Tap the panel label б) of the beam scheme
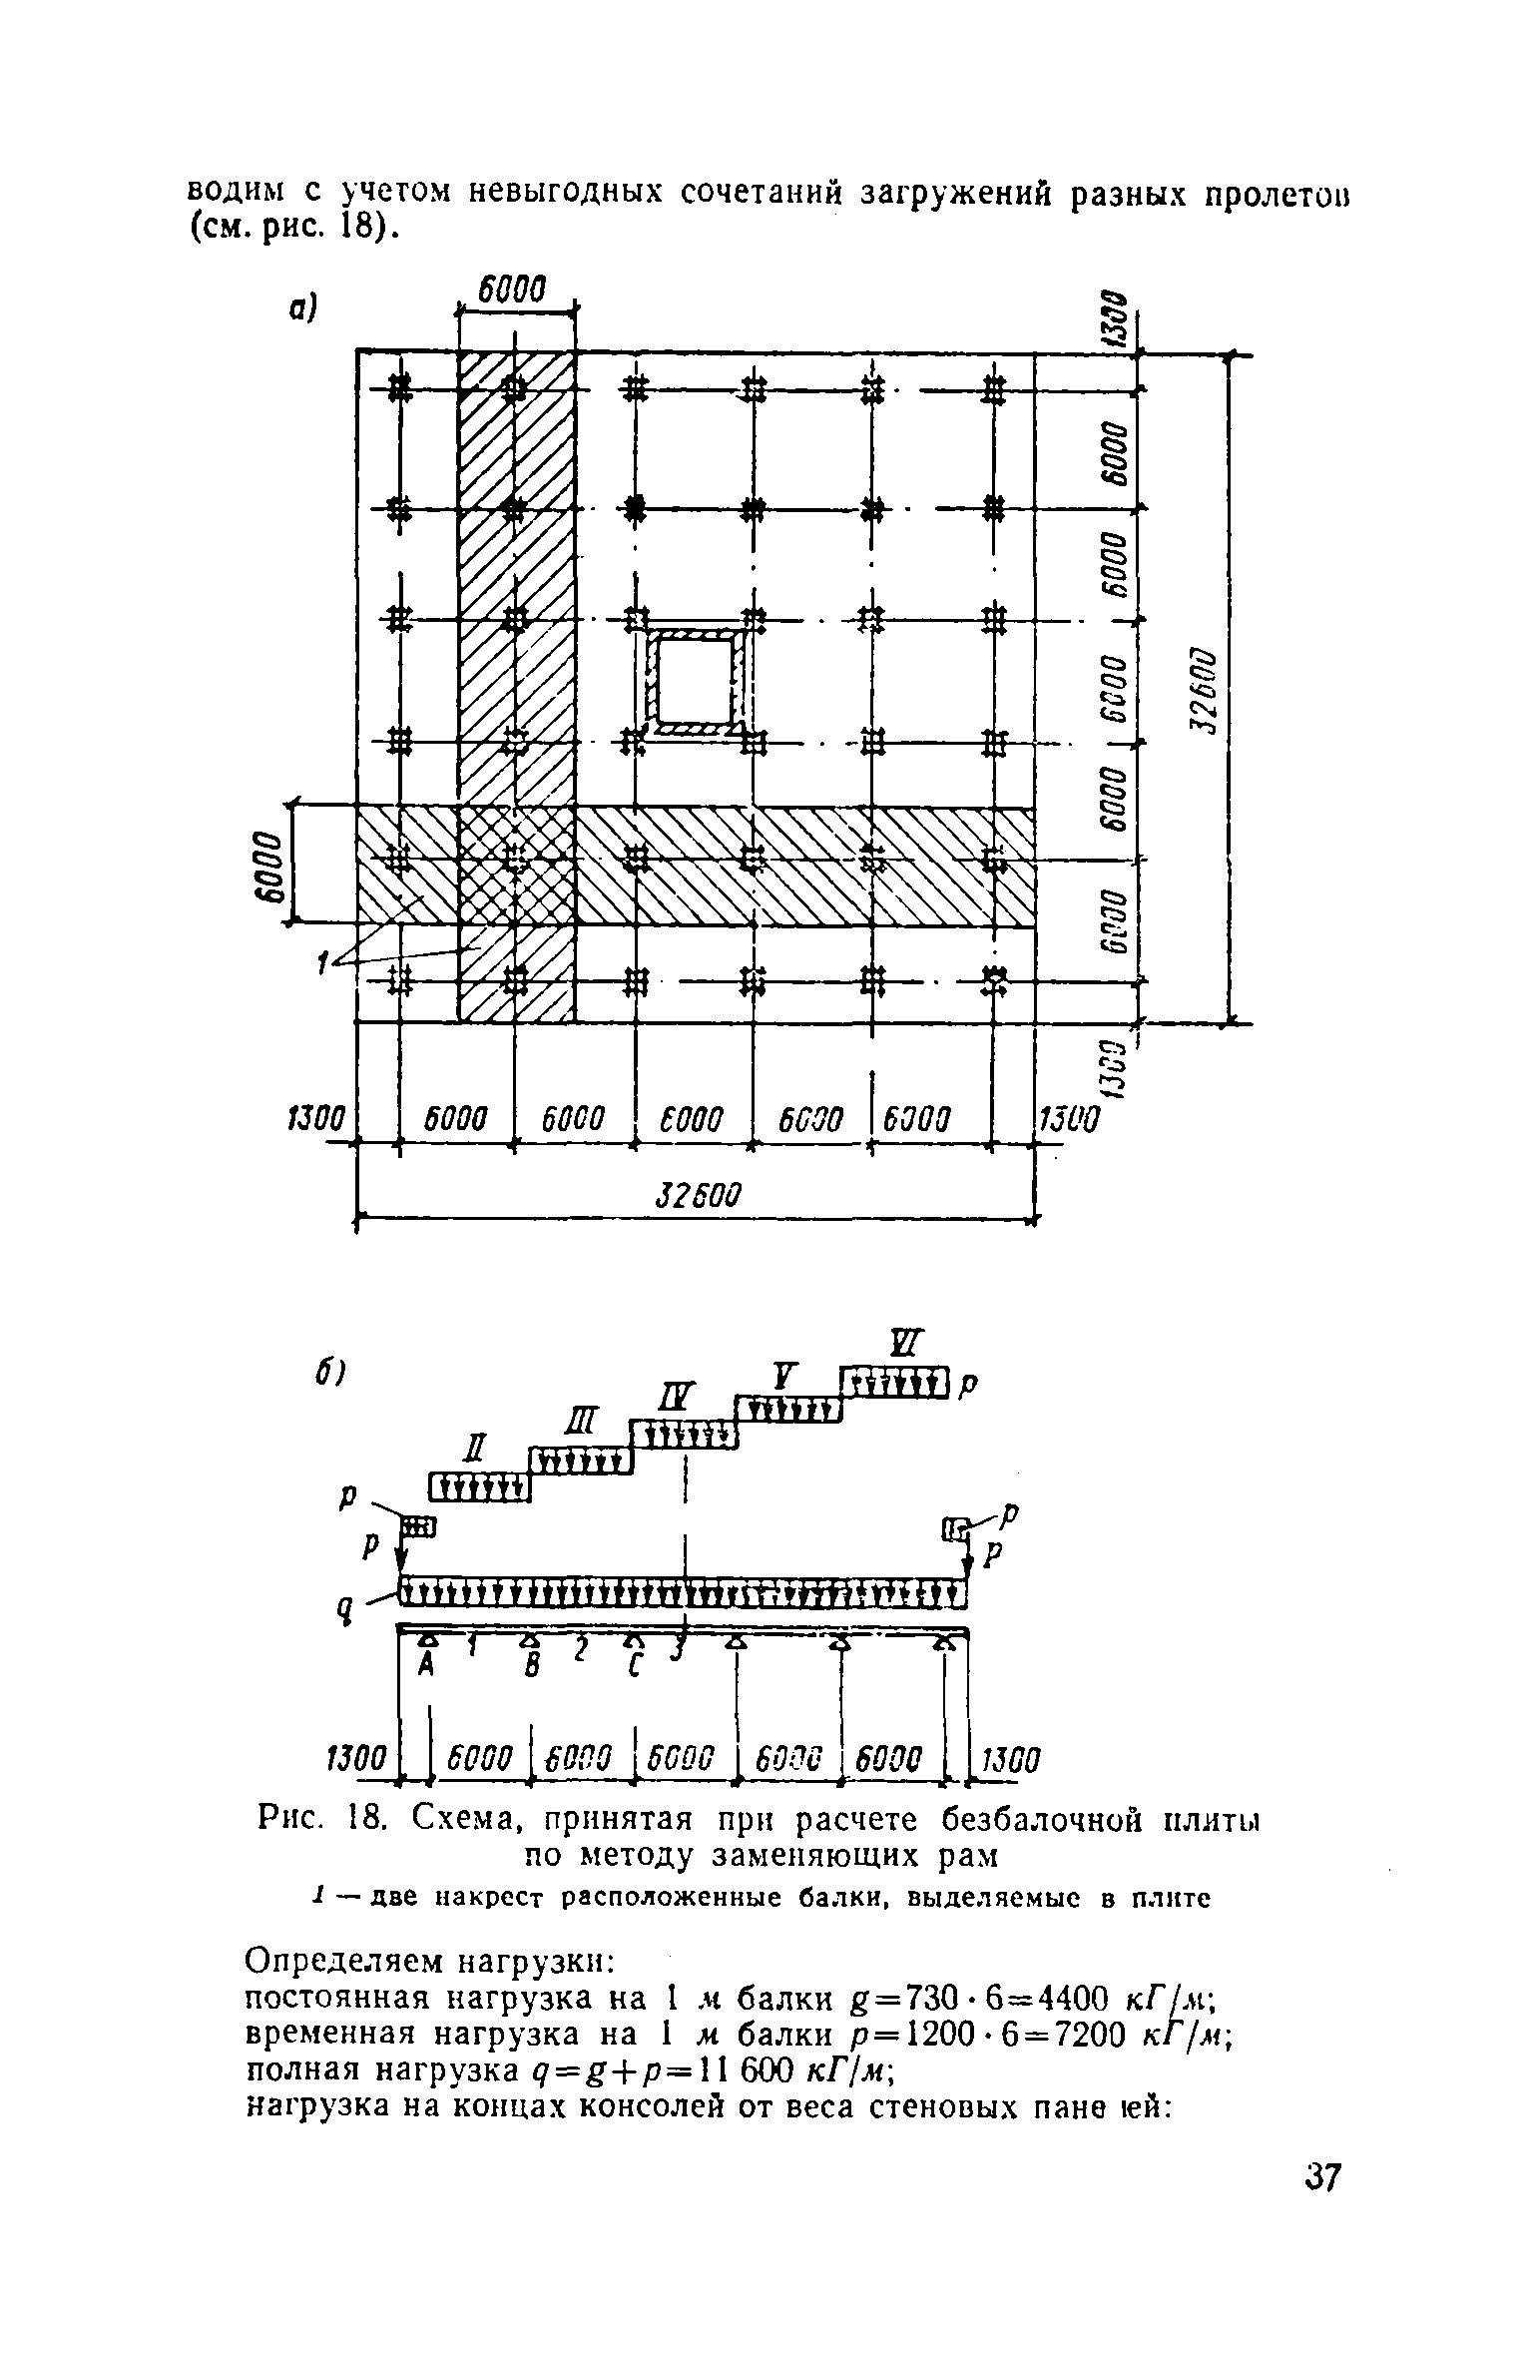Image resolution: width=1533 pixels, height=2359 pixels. point(328,1376)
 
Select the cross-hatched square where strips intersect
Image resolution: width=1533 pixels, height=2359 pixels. point(516,865)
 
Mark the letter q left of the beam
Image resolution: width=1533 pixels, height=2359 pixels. point(346,1608)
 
